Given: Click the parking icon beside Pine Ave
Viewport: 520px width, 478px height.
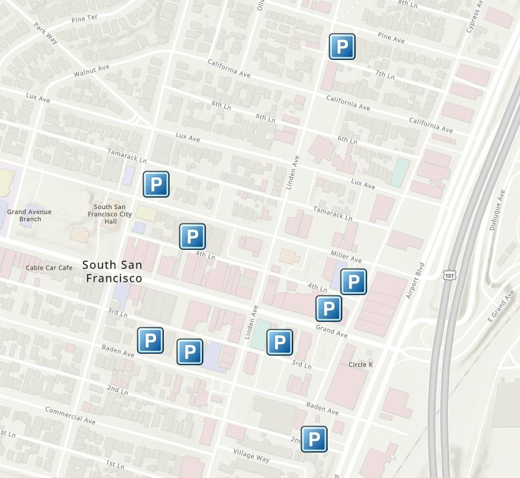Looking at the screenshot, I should [342, 47].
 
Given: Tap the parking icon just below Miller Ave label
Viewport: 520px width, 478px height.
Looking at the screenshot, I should [353, 282].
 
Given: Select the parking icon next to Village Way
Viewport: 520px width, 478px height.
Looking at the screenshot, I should [314, 439].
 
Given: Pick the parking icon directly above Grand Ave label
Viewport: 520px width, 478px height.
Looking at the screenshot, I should [328, 308].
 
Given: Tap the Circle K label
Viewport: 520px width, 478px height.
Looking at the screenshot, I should [361, 365].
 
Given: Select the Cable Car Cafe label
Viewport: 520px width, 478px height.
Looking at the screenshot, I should [49, 268].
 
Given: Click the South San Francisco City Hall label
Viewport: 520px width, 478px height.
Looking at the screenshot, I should [113, 214].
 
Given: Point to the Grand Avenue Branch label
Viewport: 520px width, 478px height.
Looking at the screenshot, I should [29, 215].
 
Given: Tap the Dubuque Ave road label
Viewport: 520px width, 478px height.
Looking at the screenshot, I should [496, 209].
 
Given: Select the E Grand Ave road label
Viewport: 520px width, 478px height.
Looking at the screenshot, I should [500, 306].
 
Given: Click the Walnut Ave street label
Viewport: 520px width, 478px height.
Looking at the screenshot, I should [91, 70].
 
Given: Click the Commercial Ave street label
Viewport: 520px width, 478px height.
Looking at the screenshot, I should [70, 416].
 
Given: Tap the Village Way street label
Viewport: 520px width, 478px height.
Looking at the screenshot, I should [251, 456].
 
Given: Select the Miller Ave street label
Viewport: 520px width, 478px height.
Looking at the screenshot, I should [346, 257].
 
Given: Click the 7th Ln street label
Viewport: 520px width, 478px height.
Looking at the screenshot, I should [385, 75].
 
